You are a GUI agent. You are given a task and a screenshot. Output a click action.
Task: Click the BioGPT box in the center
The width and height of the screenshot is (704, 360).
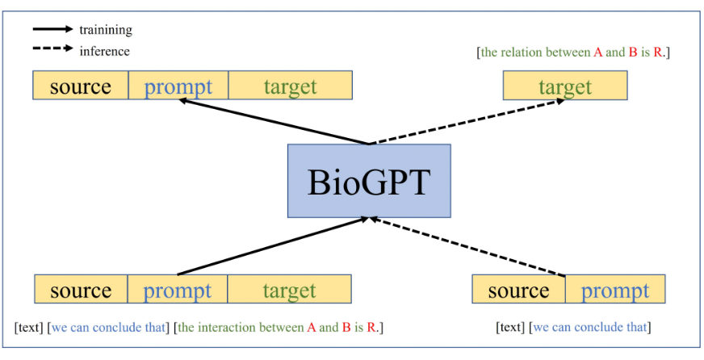(x=369, y=181)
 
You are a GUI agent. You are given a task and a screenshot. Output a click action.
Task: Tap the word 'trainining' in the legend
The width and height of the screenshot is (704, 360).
(x=106, y=30)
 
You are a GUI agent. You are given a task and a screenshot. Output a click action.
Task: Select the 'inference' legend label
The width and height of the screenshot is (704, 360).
(x=105, y=51)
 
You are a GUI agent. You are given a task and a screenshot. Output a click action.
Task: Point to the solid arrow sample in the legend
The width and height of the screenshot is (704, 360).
(x=52, y=29)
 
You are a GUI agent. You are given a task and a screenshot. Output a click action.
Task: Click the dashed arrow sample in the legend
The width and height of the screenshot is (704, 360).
(x=52, y=48)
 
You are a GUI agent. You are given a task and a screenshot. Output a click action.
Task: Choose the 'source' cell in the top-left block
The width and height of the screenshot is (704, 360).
(x=81, y=85)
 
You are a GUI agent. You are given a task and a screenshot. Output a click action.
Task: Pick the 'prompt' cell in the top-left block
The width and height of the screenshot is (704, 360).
(x=178, y=85)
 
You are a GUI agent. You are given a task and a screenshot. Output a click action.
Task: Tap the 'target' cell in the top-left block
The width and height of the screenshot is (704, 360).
(x=290, y=85)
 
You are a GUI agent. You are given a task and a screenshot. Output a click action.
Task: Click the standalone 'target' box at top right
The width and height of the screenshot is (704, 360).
(x=565, y=86)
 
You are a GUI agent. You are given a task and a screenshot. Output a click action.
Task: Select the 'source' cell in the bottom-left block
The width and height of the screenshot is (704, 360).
(x=81, y=289)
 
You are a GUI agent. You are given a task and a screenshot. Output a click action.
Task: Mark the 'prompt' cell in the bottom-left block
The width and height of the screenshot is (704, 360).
(x=178, y=289)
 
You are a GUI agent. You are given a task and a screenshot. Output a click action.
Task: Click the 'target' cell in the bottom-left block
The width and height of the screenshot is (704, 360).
(x=289, y=289)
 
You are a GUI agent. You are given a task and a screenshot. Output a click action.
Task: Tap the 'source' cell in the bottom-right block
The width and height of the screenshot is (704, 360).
(x=518, y=289)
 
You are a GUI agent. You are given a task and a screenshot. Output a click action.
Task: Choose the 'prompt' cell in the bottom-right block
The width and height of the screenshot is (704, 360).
(x=615, y=289)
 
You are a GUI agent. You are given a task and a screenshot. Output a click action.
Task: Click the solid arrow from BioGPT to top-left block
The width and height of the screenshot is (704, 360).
(x=274, y=122)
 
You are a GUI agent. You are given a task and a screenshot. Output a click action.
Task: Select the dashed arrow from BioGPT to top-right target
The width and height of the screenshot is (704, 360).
(x=467, y=122)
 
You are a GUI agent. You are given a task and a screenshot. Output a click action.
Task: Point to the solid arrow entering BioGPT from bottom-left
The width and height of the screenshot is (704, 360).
(x=274, y=246)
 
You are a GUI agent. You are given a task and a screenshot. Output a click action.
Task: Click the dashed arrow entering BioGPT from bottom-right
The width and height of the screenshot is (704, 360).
(x=467, y=246)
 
